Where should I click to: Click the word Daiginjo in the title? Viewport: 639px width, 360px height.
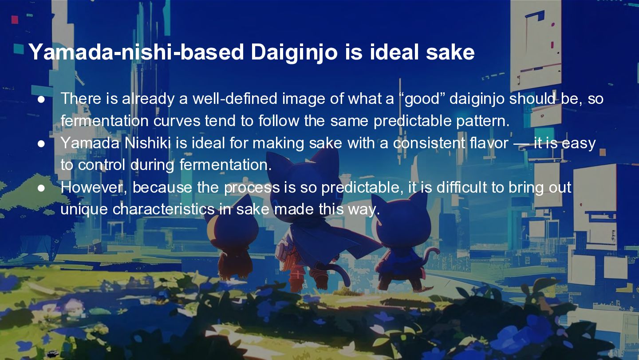tap(294, 52)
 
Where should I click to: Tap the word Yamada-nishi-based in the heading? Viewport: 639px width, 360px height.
tap(136, 52)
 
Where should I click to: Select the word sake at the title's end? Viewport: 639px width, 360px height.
tap(450, 52)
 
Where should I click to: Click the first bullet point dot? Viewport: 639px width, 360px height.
tap(41, 99)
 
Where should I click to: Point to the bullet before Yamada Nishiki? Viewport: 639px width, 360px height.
tap(41, 144)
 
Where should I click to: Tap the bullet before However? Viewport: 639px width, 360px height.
tap(41, 188)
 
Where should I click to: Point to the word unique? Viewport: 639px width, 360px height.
tap(84, 210)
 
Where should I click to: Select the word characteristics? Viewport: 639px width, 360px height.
tap(163, 209)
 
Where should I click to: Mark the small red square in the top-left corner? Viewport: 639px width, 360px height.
tap(15, 20)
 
